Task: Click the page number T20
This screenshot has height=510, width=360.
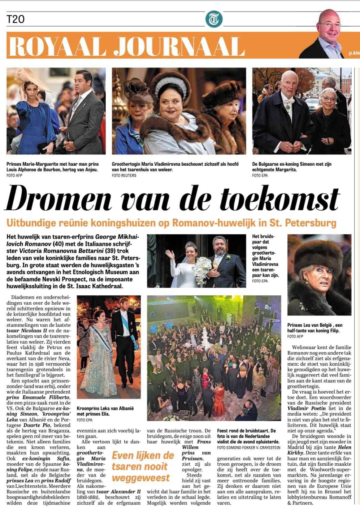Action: coord(15,20)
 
